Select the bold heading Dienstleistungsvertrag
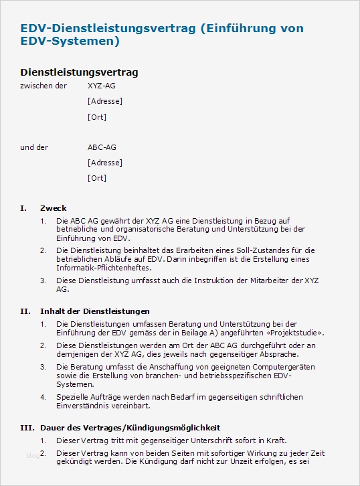pyautogui.click(x=79, y=72)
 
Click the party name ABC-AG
pyautogui.click(x=102, y=147)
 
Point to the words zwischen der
pyautogui.click(x=43, y=86)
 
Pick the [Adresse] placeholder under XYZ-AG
pyautogui.click(x=104, y=101)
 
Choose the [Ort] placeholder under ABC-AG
pyautogui.click(x=96, y=178)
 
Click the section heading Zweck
pyautogui.click(x=54, y=208)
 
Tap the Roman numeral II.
pyautogui.click(x=25, y=311)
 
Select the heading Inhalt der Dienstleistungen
pyautogui.click(x=95, y=311)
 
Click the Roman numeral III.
pyautogui.click(x=27, y=427)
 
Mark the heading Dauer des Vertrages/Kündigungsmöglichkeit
pyautogui.click(x=130, y=427)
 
